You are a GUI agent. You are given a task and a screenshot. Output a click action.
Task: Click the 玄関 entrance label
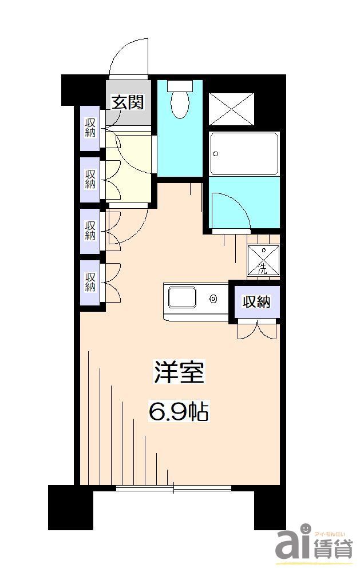coord(127,102)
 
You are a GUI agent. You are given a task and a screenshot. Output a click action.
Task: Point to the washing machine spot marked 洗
coord(263,261)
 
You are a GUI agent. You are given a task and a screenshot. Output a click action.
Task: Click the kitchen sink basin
coord(182,299)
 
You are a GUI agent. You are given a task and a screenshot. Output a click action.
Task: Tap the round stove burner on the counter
coord(213,299)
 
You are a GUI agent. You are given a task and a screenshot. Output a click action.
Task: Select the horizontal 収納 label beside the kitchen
coord(255,302)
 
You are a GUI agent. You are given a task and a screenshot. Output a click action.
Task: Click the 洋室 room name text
coord(179,372)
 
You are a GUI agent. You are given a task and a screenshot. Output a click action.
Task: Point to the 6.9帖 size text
coord(179,411)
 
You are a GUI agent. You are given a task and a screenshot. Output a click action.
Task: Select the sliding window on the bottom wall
coord(174,488)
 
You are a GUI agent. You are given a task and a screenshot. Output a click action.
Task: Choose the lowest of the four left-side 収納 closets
coord(90,283)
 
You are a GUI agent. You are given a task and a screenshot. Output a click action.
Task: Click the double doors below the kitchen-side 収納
coord(257,330)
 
